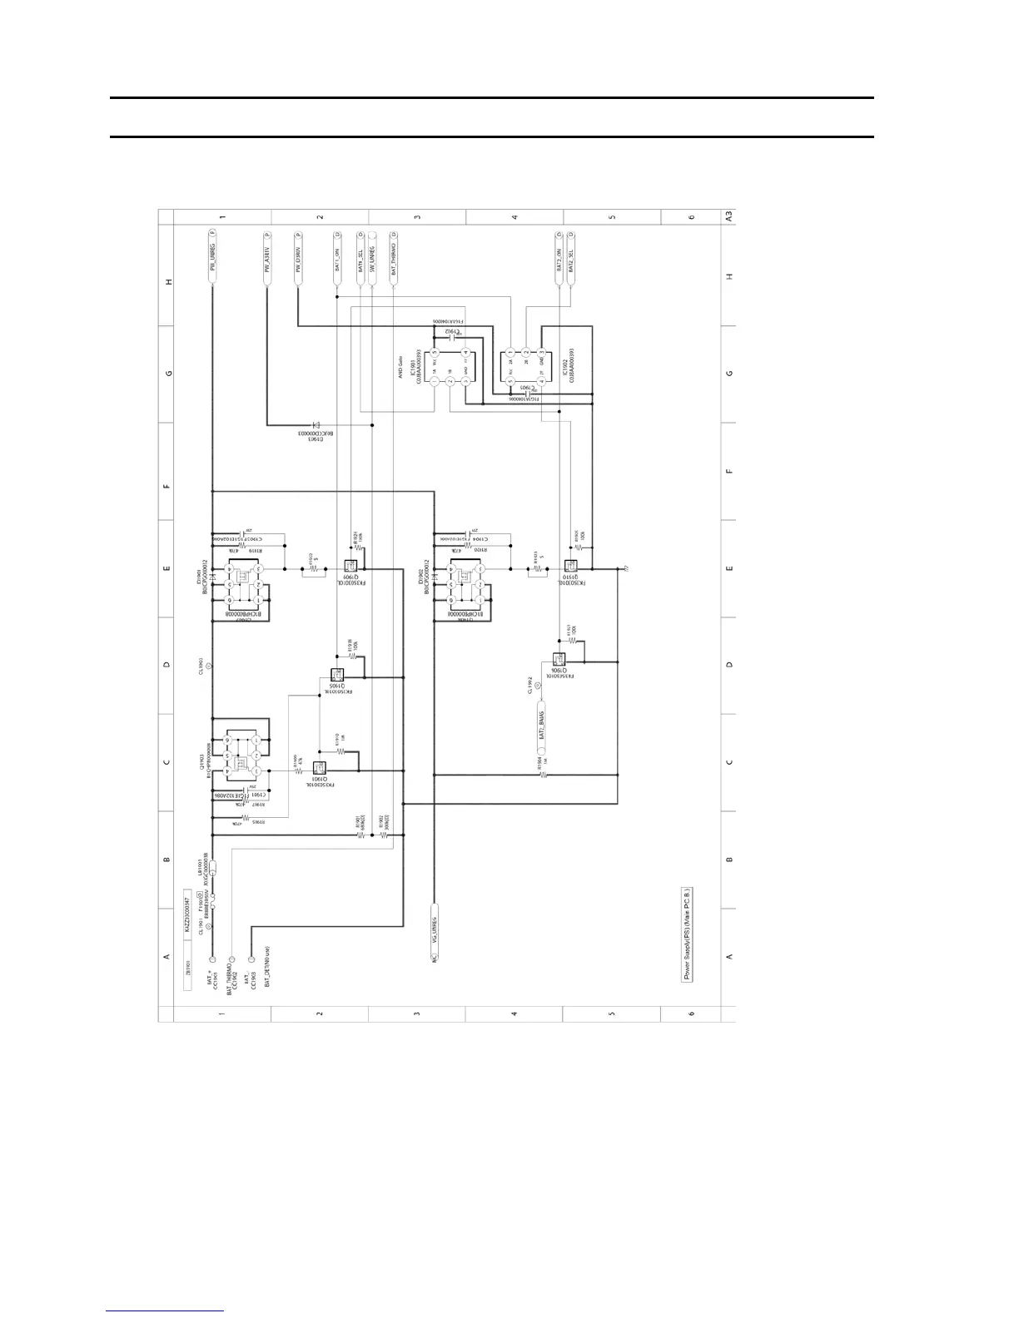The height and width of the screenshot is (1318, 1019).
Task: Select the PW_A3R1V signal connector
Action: [x=266, y=257]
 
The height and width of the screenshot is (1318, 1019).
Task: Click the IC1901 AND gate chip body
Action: [x=450, y=366]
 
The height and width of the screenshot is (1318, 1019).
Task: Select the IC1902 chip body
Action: [x=525, y=367]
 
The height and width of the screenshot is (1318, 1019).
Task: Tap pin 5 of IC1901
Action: [x=435, y=352]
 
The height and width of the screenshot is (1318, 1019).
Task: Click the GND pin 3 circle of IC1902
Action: [x=541, y=352]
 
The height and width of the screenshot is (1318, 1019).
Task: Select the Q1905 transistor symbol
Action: [x=336, y=676]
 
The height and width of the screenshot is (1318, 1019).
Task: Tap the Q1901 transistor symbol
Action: [x=319, y=769]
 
